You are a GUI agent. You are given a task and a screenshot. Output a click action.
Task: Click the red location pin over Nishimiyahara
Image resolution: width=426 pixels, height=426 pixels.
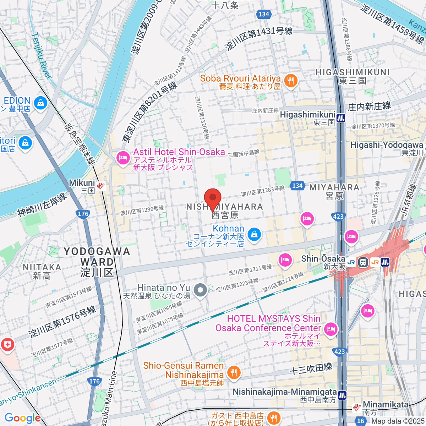click(213, 198)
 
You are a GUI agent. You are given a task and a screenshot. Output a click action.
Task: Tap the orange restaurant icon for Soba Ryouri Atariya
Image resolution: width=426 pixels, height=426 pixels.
click(291, 81)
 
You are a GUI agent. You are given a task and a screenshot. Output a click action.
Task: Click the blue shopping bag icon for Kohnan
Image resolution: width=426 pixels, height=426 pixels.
click(254, 234)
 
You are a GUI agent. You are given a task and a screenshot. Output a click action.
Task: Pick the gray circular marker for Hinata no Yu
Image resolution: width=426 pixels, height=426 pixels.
click(201, 290)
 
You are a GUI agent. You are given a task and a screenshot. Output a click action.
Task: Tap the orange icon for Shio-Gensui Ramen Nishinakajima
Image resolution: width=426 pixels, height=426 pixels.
click(233, 372)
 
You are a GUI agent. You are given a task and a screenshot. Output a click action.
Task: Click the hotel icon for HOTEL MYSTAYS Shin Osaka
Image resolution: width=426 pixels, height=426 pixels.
click(331, 329)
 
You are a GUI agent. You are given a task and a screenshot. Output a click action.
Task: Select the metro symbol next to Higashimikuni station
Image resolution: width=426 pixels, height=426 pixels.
click(341, 118)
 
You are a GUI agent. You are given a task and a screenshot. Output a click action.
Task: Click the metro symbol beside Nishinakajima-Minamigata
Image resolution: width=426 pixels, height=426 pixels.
click(342, 395)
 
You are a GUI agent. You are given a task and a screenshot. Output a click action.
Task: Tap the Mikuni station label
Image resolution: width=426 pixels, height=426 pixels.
click(82, 183)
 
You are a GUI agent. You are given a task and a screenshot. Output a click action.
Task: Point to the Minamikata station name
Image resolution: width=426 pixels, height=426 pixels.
click(386, 405)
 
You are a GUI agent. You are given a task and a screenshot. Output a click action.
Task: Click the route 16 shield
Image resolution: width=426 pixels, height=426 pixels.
click(361, 421)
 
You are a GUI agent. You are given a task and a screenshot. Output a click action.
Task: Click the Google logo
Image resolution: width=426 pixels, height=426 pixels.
click(22, 418)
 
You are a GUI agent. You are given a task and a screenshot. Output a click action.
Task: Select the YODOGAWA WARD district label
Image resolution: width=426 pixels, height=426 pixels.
click(97, 262)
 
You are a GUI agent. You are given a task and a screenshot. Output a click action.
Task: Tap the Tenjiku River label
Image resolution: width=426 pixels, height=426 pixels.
click(42, 55)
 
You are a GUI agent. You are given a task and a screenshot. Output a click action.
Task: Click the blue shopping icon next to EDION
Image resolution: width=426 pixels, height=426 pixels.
click(40, 103)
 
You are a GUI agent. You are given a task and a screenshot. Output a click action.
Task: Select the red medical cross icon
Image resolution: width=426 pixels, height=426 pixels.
click(7, 344)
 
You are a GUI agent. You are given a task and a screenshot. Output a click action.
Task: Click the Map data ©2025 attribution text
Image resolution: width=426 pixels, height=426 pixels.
click(398, 421)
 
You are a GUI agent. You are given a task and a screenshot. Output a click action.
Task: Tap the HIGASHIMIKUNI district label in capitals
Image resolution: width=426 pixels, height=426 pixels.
click(353, 72)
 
